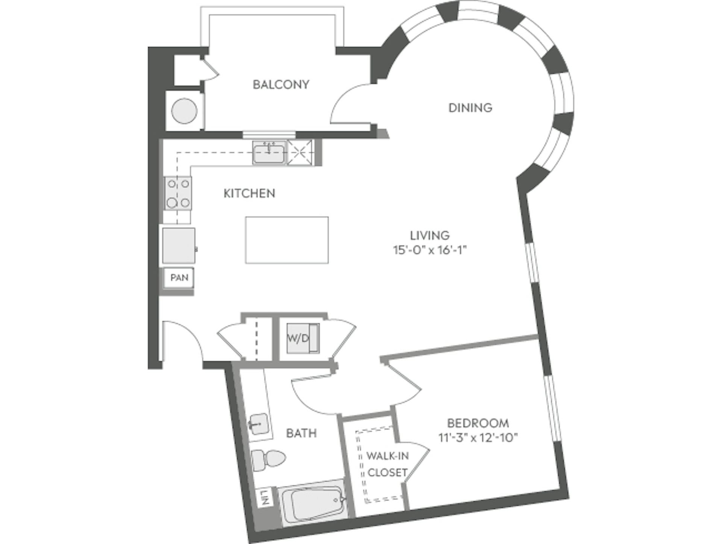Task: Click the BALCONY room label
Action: [x=281, y=85]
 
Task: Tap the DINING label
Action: [x=470, y=108]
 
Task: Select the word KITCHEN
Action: [x=249, y=193]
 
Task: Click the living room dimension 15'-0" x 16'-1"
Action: [x=429, y=250]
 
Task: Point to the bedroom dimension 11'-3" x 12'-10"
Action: [x=478, y=438]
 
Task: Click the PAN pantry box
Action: [x=179, y=278]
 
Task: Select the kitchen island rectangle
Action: [x=287, y=240]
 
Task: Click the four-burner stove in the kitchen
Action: [x=178, y=193]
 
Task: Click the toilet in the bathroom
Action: [x=268, y=459]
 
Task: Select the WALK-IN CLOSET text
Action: [x=387, y=464]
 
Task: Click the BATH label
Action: [x=301, y=433]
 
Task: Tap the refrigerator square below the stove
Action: [x=179, y=245]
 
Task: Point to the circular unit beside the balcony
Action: [x=184, y=111]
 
